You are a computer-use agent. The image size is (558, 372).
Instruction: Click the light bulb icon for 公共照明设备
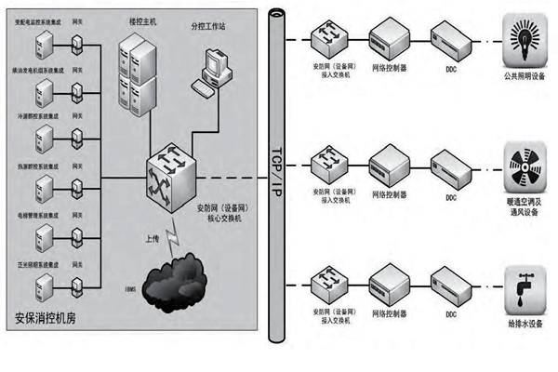click(522, 37)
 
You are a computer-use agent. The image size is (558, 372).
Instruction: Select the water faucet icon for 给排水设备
click(522, 286)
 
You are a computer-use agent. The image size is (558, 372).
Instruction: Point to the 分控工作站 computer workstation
click(213, 71)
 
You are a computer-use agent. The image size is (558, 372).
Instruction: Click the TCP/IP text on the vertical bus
click(274, 167)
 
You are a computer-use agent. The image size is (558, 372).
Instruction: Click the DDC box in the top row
click(450, 40)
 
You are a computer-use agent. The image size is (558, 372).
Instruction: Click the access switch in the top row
click(332, 39)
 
